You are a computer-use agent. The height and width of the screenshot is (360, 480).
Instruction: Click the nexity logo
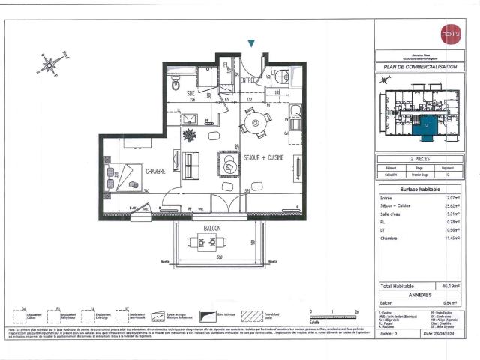pos(450,34)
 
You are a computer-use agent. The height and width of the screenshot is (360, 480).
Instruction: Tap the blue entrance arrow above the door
pos(252,45)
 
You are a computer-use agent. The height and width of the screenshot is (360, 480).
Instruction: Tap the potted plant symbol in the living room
pos(190,136)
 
